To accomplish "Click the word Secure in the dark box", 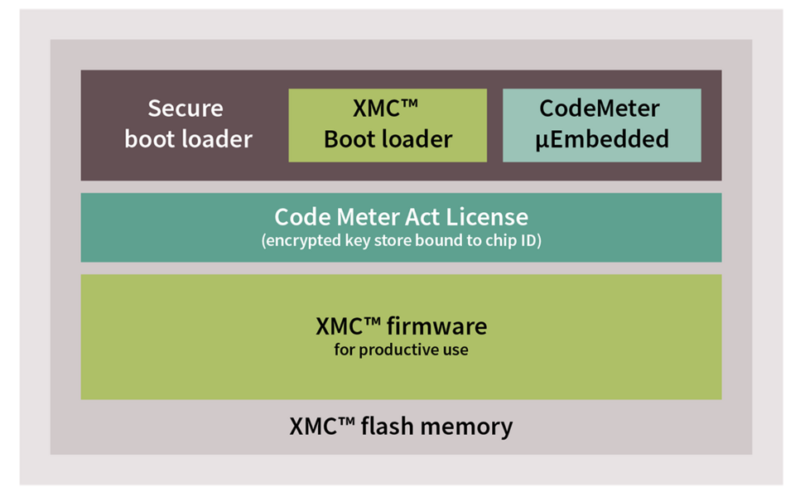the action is pyautogui.click(x=186, y=109).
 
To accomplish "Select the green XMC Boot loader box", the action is pyautogui.click(x=388, y=126).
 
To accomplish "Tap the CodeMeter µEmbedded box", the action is pyautogui.click(x=602, y=126).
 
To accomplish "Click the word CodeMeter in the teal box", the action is pyautogui.click(x=600, y=109).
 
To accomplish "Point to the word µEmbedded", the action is pyautogui.click(x=602, y=139).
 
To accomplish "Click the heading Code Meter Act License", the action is pyautogui.click(x=402, y=217).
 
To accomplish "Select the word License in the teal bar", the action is pyautogui.click(x=487, y=217).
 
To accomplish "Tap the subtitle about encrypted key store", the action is pyautogui.click(x=402, y=240).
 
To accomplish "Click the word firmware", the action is pyautogui.click(x=436, y=326).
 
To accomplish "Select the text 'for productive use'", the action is pyautogui.click(x=401, y=350).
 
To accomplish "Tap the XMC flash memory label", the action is pyautogui.click(x=401, y=426).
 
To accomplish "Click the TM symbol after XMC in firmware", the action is pyautogui.click(x=373, y=321).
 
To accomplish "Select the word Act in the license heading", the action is pyautogui.click(x=422, y=217).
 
